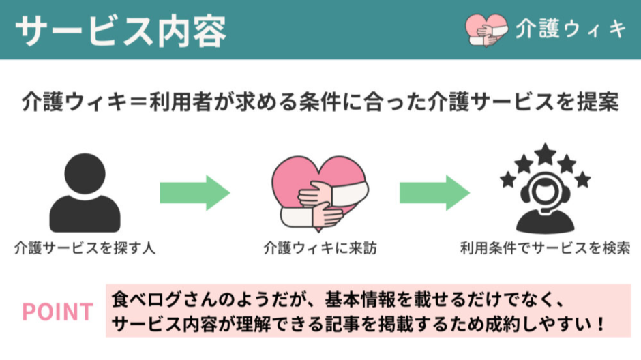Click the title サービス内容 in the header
(119, 29)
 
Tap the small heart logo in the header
(486, 29)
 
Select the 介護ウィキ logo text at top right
(571, 29)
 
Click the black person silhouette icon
(85, 194)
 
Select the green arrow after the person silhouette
(194, 194)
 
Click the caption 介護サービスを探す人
(85, 247)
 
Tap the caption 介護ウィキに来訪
(320, 247)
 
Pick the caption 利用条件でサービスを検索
(545, 247)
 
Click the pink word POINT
(57, 312)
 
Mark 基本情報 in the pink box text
(354, 299)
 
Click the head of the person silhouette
(85, 172)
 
